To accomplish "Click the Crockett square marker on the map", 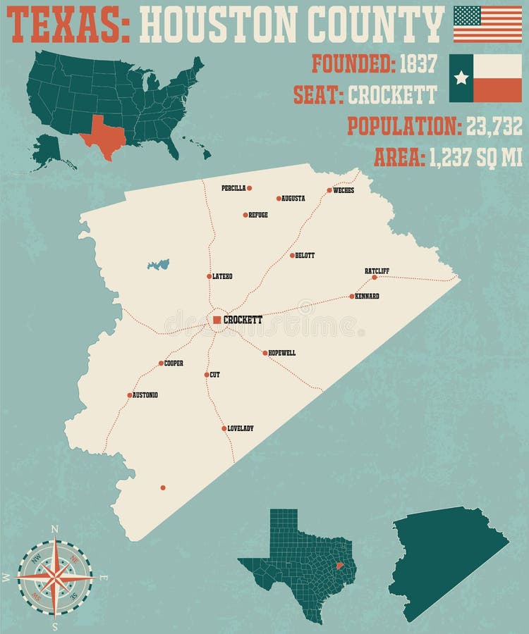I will coord(217,320).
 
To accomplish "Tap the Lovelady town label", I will coord(241,428).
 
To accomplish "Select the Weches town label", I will coord(343,190).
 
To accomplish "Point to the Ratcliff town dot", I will coord(375,278).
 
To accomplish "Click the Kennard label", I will coord(367,296).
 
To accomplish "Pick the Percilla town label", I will coord(233,188).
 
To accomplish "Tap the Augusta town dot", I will coord(279,198).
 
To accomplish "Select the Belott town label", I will coord(305,255).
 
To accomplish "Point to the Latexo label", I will coord(222,276).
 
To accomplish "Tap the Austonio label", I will coord(145,395).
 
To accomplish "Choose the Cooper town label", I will coord(174,363).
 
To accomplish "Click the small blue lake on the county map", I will coord(159,265).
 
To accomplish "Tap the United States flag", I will coord(487,24).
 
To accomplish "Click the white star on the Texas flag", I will coord(461,77).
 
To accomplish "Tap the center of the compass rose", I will coord(55,577).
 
